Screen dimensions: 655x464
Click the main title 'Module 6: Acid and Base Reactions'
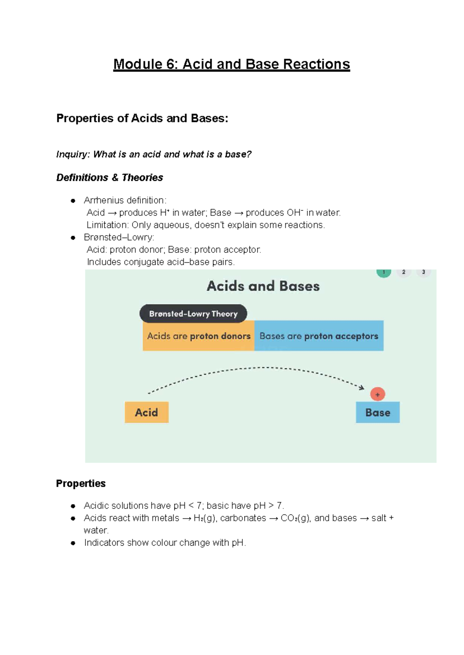231,64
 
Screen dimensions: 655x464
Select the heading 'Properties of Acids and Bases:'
142,118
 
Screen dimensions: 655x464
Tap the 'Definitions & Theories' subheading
109,177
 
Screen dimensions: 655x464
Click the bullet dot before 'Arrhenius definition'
73,201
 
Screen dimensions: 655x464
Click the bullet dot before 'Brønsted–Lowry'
73,238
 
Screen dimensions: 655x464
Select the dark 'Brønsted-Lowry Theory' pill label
193,314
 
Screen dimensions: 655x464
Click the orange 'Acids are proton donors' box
198,336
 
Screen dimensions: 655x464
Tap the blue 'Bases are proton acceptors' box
319,336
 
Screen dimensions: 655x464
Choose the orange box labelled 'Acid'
147,413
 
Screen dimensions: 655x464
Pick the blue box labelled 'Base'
377,413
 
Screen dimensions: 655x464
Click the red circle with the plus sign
377,394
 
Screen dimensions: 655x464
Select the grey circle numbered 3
423,272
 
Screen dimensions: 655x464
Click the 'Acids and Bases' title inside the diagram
263,286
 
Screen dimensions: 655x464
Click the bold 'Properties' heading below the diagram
81,484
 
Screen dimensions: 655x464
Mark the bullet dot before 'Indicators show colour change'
73,543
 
